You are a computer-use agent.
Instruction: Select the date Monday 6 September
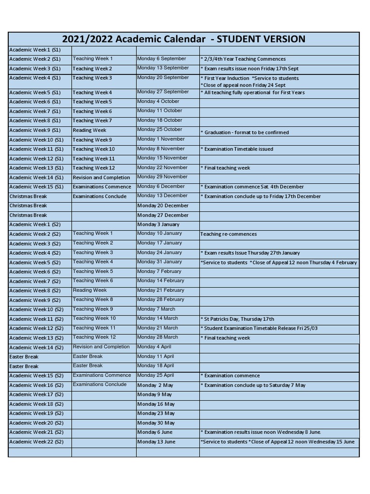click(161, 59)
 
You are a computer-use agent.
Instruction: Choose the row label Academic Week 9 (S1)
click(35, 130)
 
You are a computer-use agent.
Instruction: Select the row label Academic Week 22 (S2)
click(36, 442)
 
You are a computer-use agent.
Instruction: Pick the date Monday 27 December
click(162, 215)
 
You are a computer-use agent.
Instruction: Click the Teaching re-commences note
click(228, 234)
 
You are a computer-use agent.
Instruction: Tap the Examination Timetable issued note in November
click(237, 149)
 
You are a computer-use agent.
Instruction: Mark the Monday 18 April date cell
click(155, 366)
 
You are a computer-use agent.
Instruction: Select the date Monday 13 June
click(156, 442)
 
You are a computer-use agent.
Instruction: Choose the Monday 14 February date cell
click(160, 281)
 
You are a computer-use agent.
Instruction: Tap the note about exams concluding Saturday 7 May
click(253, 385)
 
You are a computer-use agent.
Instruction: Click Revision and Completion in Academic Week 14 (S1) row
click(101, 178)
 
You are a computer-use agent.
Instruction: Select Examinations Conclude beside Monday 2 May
click(100, 384)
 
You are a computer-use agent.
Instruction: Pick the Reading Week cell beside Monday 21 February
click(90, 290)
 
